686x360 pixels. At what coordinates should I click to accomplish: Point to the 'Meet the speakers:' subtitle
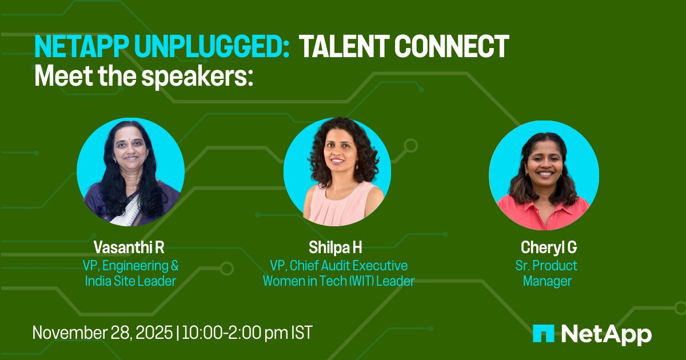tap(143, 75)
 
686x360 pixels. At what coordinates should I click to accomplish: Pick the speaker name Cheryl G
tap(548, 249)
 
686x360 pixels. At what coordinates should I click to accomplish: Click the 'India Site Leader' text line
tap(131, 281)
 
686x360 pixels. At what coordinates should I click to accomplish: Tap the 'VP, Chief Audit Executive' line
tap(338, 265)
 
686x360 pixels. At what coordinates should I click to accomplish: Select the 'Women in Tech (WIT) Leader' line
tap(338, 281)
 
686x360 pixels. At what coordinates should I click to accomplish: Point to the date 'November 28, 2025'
tap(103, 333)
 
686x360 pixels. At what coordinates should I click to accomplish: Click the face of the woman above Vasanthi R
tap(128, 151)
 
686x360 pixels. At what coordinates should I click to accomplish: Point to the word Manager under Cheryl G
tap(548, 281)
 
